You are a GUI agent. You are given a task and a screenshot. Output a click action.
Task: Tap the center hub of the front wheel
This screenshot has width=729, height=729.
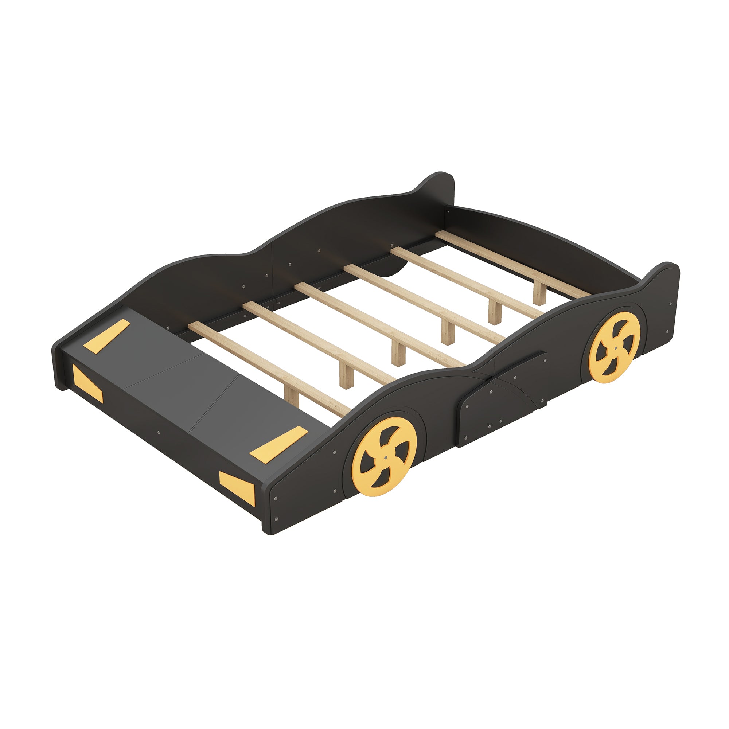385,456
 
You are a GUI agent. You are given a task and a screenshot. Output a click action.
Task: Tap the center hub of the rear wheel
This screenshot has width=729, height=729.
615,348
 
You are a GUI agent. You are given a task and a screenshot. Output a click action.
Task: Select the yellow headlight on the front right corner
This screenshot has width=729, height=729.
237,487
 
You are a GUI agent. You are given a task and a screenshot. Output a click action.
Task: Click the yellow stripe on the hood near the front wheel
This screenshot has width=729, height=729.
278,444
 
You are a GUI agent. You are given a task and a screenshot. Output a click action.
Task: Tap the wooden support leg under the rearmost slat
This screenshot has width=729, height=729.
539,293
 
